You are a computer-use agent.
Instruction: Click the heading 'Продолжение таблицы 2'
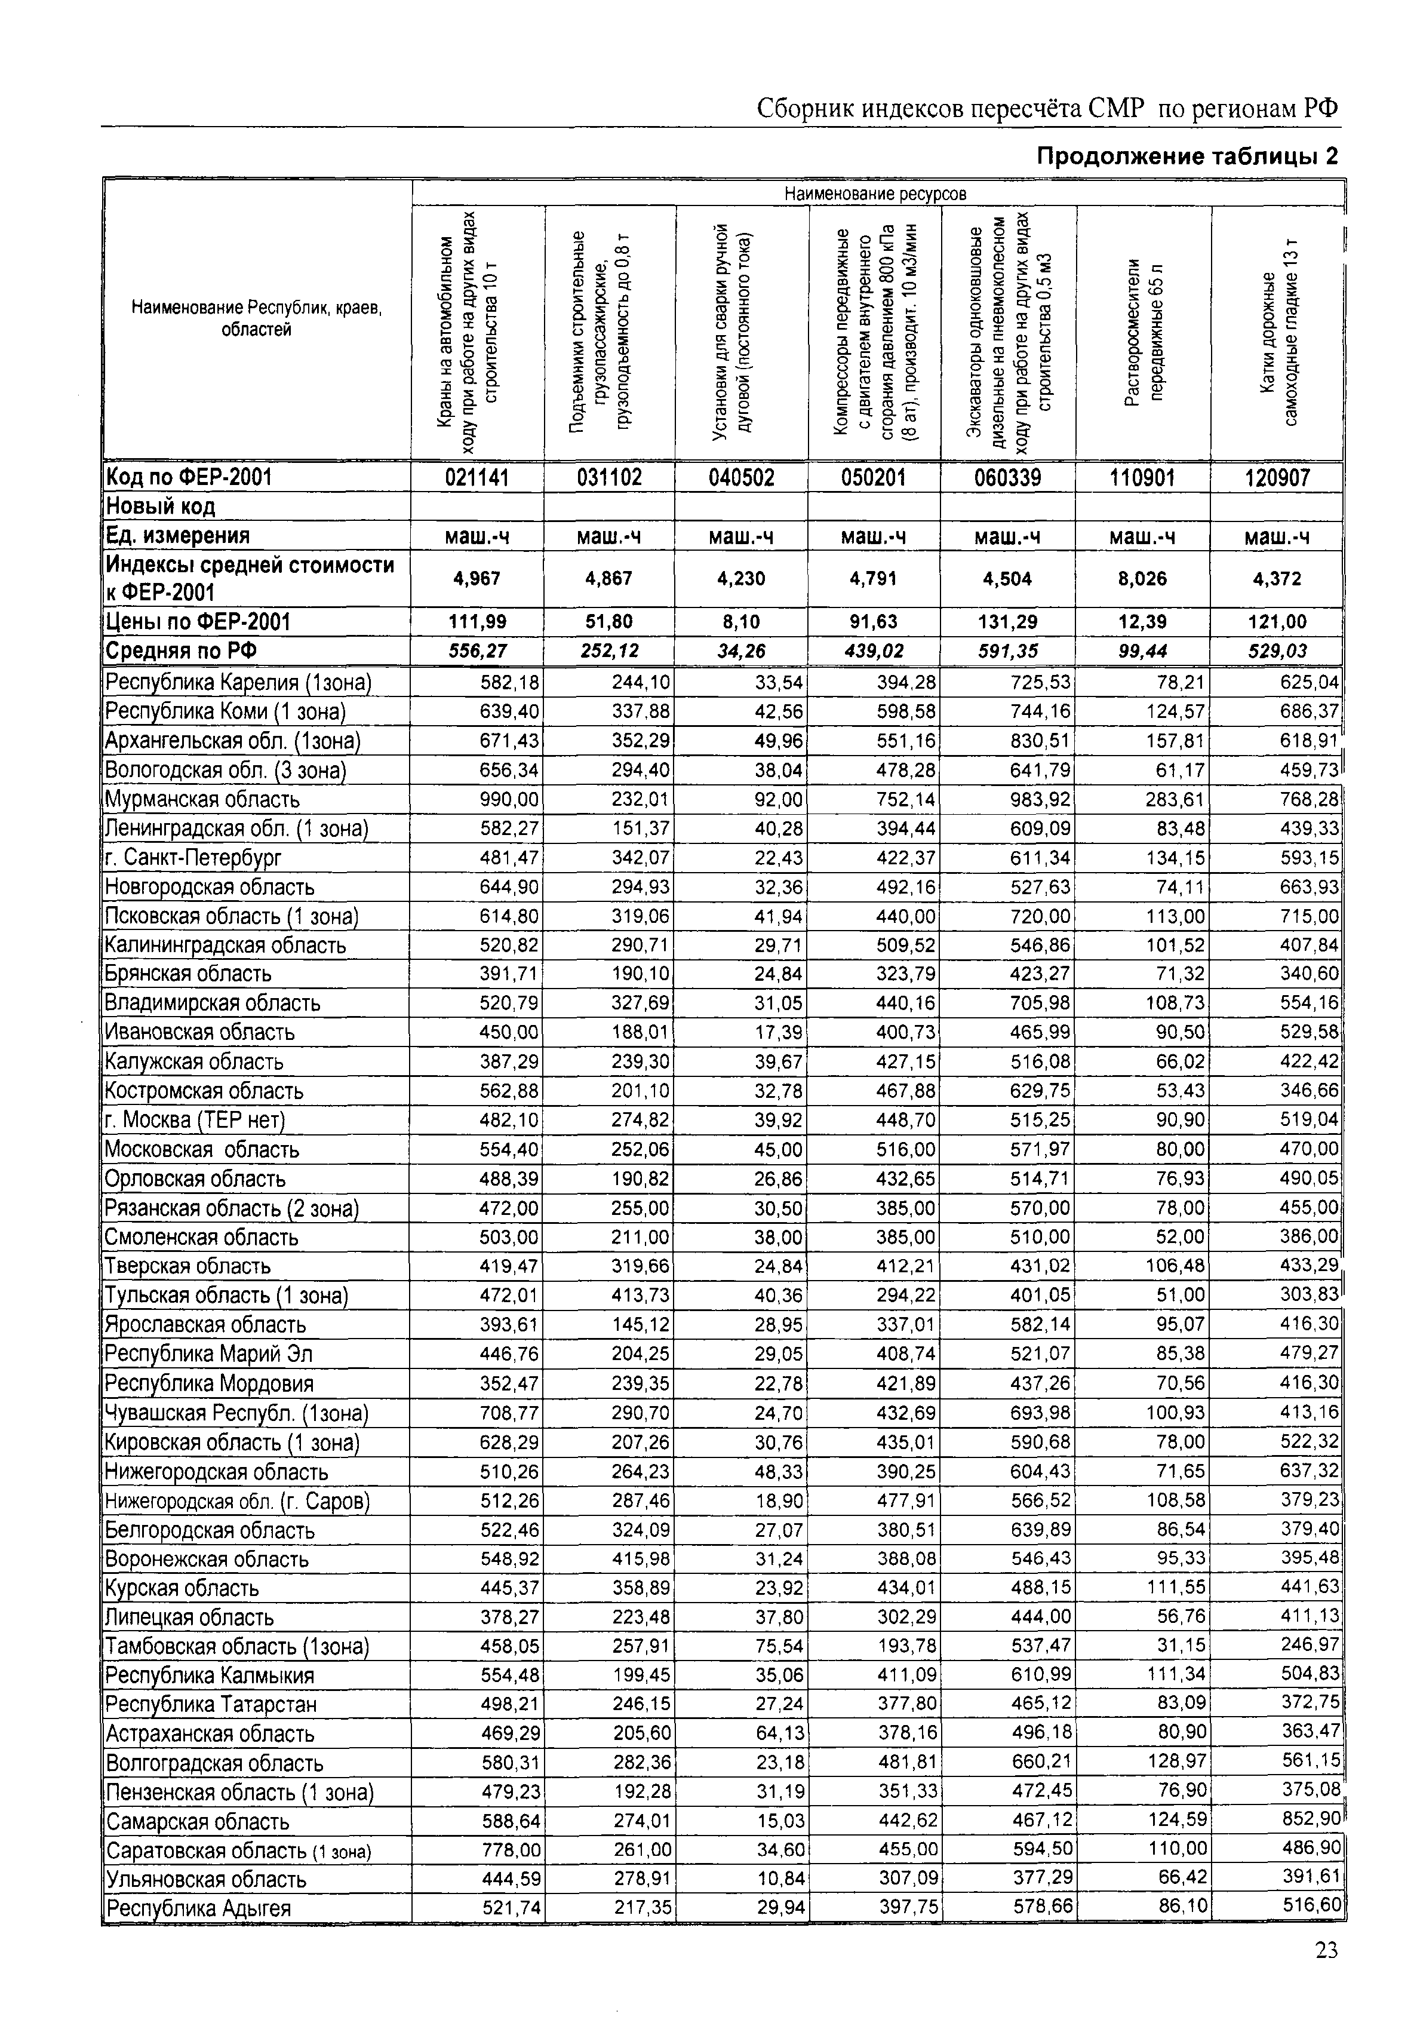pyautogui.click(x=1187, y=157)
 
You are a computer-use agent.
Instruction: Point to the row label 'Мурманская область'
pyautogui.click(x=202, y=800)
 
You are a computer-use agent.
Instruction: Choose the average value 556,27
pyautogui.click(x=478, y=651)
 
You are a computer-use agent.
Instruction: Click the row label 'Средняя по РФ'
pyautogui.click(x=182, y=652)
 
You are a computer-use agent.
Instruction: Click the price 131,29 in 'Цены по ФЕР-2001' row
pyautogui.click(x=1008, y=622)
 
